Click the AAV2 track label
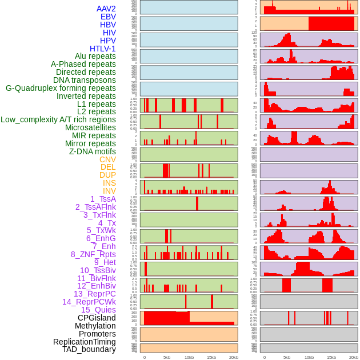point(106,9)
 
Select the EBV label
point(108,17)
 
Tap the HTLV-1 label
point(102,49)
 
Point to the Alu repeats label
point(95,56)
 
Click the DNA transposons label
point(85,80)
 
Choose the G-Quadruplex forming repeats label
point(61,88)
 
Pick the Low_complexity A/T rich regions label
point(58,119)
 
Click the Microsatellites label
point(90,127)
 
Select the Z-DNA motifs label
point(92,151)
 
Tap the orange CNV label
point(107,159)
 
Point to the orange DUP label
point(107,175)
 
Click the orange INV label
point(109,191)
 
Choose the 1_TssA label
point(103,199)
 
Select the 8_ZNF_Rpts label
point(93,254)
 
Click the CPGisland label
point(97,318)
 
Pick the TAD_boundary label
point(89,349)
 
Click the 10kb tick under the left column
point(189,357)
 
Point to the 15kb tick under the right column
point(331,357)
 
